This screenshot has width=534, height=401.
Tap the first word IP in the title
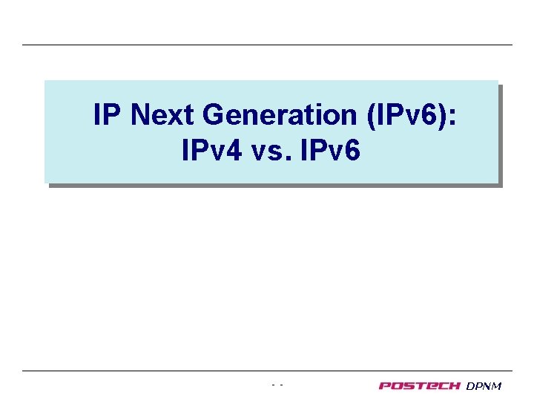click(x=105, y=115)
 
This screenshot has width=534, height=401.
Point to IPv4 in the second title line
click(x=209, y=151)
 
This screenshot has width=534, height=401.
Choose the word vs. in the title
click(x=272, y=151)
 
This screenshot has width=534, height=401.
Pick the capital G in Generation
click(x=213, y=115)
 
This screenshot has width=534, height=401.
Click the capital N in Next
click(x=141, y=115)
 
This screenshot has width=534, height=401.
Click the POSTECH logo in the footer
click(x=420, y=385)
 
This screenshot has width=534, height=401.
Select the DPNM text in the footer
click(x=484, y=385)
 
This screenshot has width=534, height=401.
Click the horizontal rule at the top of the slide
click(x=267, y=45)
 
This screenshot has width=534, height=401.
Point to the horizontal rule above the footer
click(x=267, y=371)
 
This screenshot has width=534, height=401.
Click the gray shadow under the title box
click(x=274, y=185)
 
